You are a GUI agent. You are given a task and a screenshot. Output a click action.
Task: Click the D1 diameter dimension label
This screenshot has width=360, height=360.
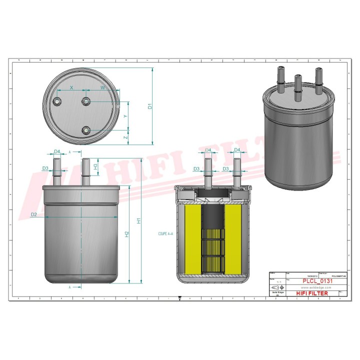(x=150, y=106)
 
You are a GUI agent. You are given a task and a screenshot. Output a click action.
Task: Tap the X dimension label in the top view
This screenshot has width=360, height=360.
(x=71, y=87)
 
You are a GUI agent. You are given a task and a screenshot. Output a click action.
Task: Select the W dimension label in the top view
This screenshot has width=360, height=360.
(x=103, y=87)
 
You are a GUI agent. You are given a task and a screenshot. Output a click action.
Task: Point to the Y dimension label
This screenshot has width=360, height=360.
(x=125, y=115)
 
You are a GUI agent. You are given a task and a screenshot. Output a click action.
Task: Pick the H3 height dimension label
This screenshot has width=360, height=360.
(x=95, y=166)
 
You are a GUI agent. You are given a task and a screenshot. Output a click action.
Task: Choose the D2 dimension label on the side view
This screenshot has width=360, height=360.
(x=33, y=215)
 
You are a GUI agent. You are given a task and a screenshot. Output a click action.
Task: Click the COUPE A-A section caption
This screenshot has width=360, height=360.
(x=165, y=233)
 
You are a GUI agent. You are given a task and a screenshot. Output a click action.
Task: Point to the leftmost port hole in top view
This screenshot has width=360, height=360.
(x=57, y=102)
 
